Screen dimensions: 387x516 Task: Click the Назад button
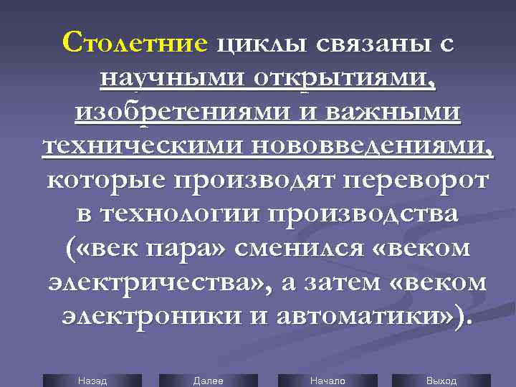92,381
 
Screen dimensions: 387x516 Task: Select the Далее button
209,381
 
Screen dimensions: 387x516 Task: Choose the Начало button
327,381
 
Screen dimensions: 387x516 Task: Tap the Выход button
441,381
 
